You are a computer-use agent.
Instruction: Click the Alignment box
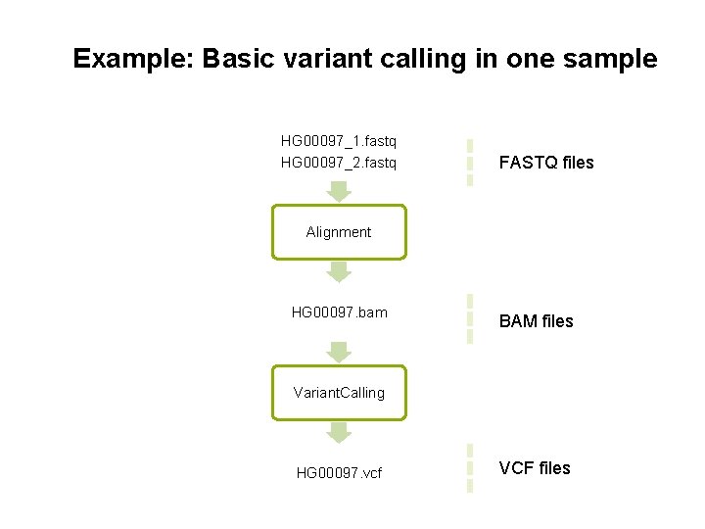point(339,232)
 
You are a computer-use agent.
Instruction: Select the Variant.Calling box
point(339,393)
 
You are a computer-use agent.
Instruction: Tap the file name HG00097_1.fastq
point(339,142)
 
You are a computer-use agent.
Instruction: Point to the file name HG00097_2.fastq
point(339,163)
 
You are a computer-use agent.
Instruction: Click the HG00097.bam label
point(339,313)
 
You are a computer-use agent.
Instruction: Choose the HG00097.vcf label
point(339,473)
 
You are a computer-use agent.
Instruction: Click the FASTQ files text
point(546,163)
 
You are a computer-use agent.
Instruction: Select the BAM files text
point(536,321)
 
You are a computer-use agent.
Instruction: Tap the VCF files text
point(535,468)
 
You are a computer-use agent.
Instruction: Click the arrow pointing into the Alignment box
point(339,191)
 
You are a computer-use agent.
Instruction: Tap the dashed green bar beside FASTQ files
point(470,162)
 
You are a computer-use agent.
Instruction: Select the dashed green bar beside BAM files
point(470,319)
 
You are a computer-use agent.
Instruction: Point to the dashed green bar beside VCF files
point(470,468)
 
